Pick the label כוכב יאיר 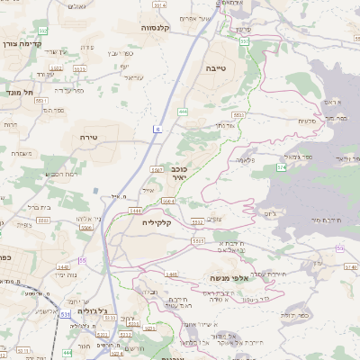click(x=179, y=172)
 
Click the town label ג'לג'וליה click(x=93, y=311)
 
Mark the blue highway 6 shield click(x=157, y=130)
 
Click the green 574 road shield click(x=282, y=167)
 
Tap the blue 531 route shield click(x=65, y=314)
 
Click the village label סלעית click(x=307, y=121)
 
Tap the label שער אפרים click(x=218, y=18)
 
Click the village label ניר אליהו click(x=85, y=218)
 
